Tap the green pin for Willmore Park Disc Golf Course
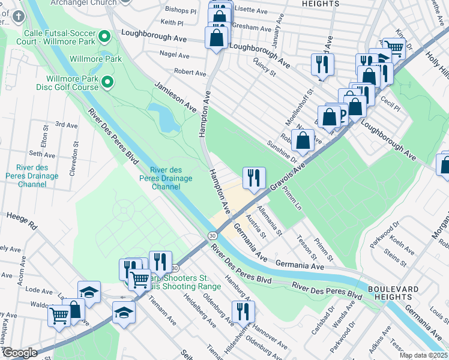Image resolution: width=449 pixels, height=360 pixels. click(108, 82)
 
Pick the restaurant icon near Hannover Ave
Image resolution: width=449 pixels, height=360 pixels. click(243, 311)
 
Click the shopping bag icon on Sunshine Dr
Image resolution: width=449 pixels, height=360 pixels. click(304, 140)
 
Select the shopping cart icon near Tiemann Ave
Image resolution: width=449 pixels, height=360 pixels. click(140, 278)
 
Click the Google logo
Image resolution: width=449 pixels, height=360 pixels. click(20, 353)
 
